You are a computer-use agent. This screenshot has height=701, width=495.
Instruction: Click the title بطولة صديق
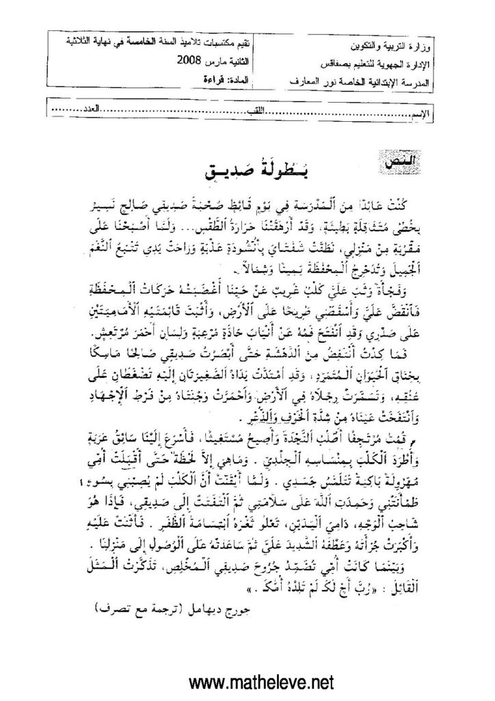pos(246,171)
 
